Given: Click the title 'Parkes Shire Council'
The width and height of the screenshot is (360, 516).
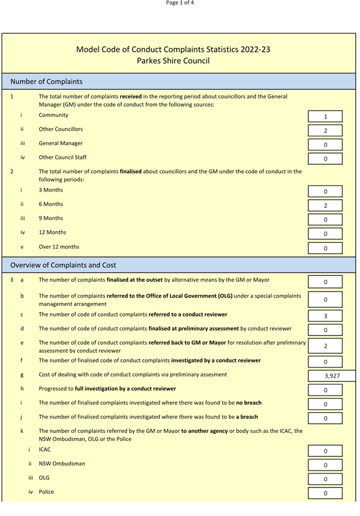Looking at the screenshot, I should point(173,60).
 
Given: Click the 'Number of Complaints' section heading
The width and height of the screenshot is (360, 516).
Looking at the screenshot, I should point(46,82).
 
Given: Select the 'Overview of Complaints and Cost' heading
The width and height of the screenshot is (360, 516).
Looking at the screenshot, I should point(63,265).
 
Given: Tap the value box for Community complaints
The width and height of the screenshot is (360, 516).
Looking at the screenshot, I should point(325,117).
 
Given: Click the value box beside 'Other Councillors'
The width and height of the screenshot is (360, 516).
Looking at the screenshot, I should point(325,131).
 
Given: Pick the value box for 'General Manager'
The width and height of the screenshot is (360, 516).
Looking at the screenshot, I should point(325,145).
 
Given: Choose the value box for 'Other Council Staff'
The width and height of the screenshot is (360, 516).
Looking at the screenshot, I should point(325,159).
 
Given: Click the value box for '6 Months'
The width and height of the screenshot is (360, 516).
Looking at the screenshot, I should point(325,206).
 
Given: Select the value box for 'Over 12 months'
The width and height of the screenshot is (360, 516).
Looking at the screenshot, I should point(325,248).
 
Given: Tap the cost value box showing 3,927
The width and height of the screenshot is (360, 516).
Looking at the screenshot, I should point(332,376).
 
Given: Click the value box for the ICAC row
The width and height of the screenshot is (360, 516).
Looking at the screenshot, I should point(325,451).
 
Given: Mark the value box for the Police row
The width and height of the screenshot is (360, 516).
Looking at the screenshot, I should point(325,493).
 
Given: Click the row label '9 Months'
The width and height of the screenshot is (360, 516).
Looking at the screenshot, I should point(51,218).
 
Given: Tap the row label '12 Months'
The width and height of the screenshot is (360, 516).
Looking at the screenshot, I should point(52,232).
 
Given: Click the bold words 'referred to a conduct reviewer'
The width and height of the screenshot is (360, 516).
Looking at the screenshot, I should point(188,314).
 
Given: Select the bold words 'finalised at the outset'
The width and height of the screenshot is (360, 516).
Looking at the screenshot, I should point(146,280).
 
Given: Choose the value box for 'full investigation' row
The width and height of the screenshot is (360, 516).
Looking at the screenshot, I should point(325,390).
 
